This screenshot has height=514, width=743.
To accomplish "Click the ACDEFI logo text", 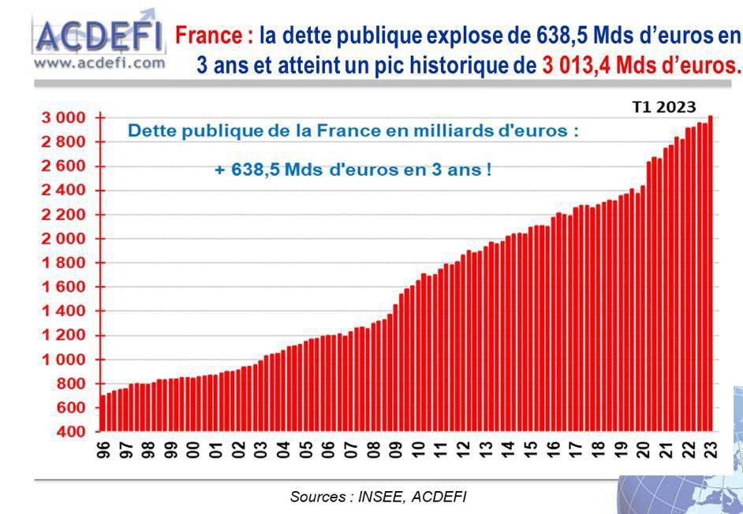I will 99,35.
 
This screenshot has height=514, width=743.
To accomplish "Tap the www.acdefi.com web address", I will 99,61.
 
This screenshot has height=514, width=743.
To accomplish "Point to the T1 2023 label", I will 664,107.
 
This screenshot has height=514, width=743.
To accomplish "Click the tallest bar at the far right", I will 710,272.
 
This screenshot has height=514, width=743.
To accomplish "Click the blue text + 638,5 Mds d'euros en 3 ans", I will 353,169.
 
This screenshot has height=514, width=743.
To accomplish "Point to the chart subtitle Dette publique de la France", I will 353,131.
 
